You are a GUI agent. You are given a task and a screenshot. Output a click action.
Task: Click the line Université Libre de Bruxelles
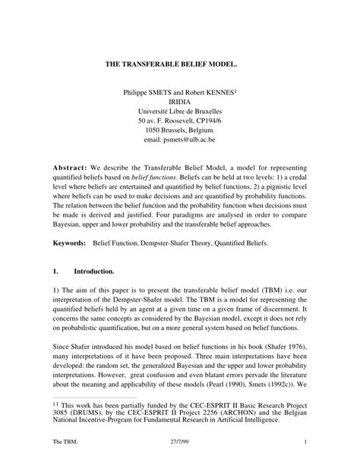tap(180, 111)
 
